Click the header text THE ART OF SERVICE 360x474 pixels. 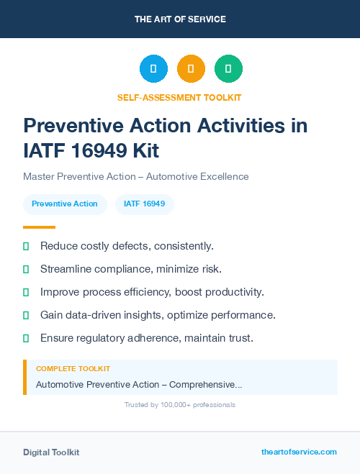(180, 19)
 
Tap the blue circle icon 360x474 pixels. (153, 68)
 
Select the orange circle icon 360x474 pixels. (191, 68)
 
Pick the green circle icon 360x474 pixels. (228, 68)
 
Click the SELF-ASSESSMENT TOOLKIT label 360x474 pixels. (180, 97)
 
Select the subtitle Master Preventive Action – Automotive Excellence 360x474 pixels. (135, 176)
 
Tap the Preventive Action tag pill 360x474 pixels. (65, 204)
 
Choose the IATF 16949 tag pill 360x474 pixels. (145, 204)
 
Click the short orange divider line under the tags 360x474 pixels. (39, 227)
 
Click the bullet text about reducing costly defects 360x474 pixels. (127, 246)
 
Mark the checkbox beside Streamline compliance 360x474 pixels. (26, 269)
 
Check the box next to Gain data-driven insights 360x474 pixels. (26, 315)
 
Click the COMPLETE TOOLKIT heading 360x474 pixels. (73, 368)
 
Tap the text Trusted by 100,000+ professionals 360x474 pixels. (180, 405)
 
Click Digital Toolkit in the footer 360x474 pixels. (51, 452)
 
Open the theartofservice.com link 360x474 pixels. (299, 452)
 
